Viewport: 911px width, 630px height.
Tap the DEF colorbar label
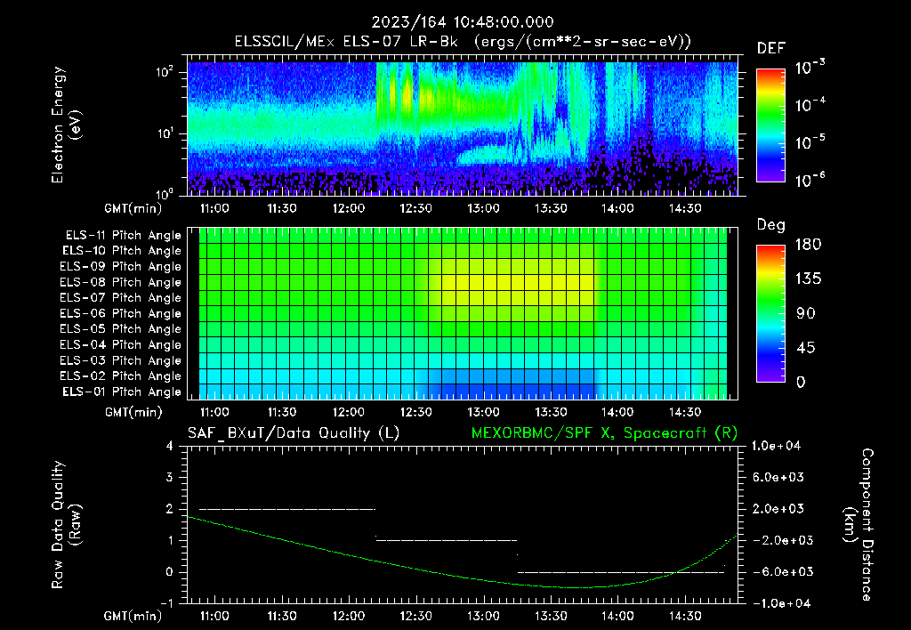point(770,48)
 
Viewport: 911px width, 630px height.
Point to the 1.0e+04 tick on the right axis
point(778,446)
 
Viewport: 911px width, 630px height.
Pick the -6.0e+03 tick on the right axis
point(778,571)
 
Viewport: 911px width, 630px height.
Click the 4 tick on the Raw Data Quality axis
point(170,446)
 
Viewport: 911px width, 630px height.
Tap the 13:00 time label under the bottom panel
point(483,616)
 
